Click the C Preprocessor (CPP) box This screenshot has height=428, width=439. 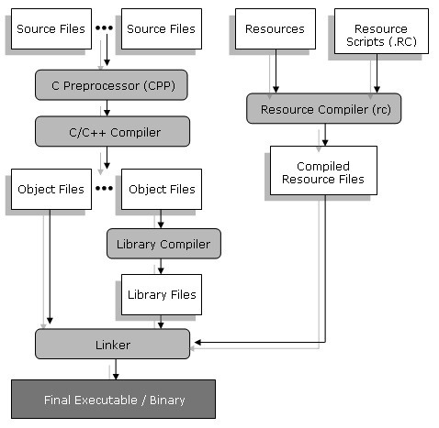point(111,85)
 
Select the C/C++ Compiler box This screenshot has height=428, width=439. point(112,131)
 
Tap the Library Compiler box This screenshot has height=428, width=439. point(163,244)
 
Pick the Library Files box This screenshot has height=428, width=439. point(162,294)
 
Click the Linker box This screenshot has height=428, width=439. point(112,344)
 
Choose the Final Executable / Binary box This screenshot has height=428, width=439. point(113,400)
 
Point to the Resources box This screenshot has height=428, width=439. point(276,28)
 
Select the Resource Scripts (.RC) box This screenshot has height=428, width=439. point(381,31)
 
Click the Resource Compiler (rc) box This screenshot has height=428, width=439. point(323,108)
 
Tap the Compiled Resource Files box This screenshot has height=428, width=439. point(323,170)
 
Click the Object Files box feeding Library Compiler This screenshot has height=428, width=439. point(162,189)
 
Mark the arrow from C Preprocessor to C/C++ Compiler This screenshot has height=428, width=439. point(107,108)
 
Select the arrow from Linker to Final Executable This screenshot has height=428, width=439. point(116,369)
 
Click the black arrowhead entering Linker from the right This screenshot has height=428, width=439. point(197,343)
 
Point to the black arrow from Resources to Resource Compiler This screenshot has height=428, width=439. point(276,71)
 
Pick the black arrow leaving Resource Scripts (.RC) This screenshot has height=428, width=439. point(377,73)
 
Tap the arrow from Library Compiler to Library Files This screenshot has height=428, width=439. point(161,267)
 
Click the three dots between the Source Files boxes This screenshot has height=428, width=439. point(104,27)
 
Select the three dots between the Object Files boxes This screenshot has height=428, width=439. point(104,188)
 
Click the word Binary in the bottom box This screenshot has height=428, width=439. point(167,401)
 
